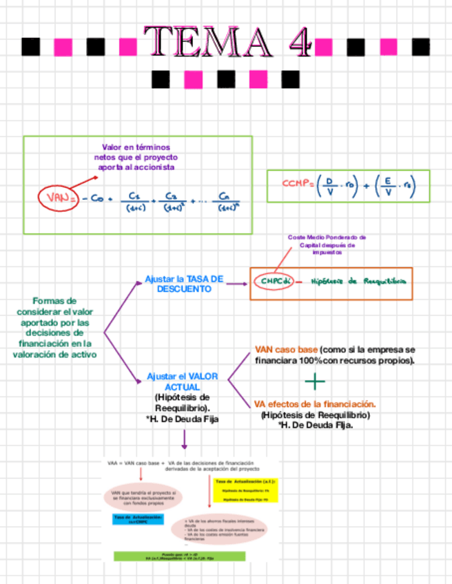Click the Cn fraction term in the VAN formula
[225, 200]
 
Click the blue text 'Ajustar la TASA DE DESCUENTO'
[184, 284]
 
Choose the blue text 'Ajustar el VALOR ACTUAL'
[183, 382]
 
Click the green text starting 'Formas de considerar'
[54, 327]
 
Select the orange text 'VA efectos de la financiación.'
[315, 404]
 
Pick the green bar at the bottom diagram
[178, 555]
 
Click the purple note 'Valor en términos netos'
[135, 157]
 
